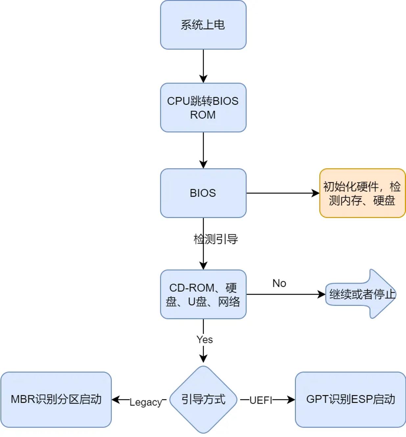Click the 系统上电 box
pyautogui.click(x=203, y=25)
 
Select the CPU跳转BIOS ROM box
pyautogui.click(x=203, y=107)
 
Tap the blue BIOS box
pyautogui.click(x=203, y=193)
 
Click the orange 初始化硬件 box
pyautogui.click(x=362, y=193)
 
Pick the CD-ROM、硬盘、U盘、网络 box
pyautogui.click(x=203, y=294)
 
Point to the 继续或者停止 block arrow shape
pyautogui.click(x=361, y=294)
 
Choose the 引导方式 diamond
pyautogui.click(x=203, y=400)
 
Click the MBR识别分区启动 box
pyautogui.click(x=56, y=400)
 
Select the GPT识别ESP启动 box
pyautogui.click(x=350, y=400)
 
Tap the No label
pyautogui.click(x=279, y=284)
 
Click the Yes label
pyautogui.click(x=204, y=339)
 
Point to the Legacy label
pyautogui.click(x=146, y=402)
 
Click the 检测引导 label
pyautogui.click(x=216, y=239)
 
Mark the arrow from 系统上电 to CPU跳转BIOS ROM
pyautogui.click(x=203, y=66)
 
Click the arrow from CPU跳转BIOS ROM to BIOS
pyautogui.click(x=203, y=150)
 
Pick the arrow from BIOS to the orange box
pyautogui.click(x=283, y=193)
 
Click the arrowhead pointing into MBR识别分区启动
pyautogui.click(x=116, y=400)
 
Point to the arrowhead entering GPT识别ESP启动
pyautogui.click(x=291, y=400)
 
